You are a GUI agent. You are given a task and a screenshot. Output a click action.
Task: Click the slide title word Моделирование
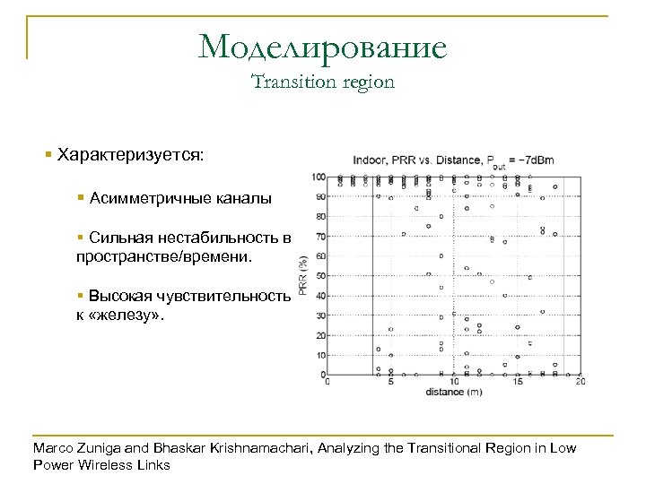(322, 47)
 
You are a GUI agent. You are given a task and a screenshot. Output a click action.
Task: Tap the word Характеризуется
(130, 155)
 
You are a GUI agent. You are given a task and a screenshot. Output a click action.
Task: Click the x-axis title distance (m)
(453, 392)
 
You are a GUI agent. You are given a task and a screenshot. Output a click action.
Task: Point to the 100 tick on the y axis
(319, 177)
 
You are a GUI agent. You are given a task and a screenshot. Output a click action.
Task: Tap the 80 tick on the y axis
(321, 216)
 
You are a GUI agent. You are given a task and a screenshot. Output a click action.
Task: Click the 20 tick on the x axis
(580, 382)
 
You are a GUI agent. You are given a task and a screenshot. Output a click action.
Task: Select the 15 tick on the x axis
(517, 382)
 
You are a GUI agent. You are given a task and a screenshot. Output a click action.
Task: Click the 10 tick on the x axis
(453, 382)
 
